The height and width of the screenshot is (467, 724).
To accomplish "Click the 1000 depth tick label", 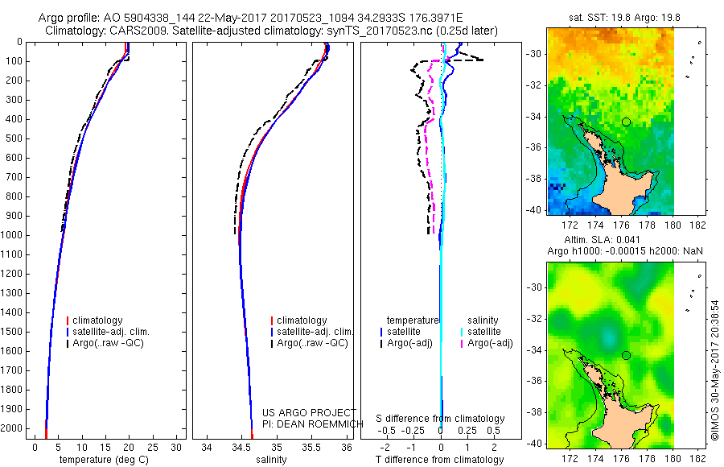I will coord(13,235).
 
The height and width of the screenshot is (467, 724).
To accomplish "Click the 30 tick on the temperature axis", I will coord(176,447).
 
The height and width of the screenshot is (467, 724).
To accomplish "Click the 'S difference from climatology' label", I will coord(440,419).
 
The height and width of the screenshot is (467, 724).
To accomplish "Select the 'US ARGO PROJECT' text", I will coord(309,412).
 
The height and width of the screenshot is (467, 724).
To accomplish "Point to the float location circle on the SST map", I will coord(626,122).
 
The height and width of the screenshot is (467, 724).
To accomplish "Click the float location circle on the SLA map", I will coord(626,355).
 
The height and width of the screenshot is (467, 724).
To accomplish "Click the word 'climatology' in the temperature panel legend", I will coord(109,320).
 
